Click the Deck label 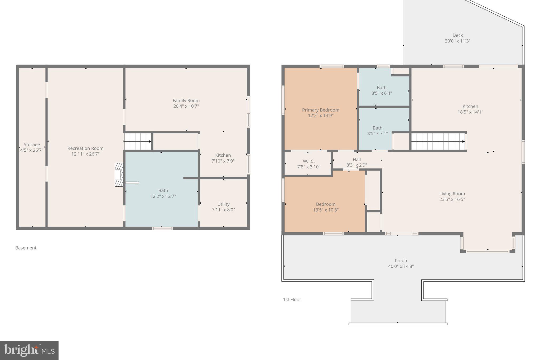[x=457, y=35]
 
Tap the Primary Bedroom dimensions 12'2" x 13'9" [x=321, y=116]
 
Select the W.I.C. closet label [x=308, y=161]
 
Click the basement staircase [x=138, y=141]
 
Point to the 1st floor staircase [x=438, y=141]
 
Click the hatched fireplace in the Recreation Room [x=119, y=175]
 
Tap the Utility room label [x=223, y=204]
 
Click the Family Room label [x=186, y=100]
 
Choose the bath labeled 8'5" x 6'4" [x=382, y=90]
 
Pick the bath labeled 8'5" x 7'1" [x=377, y=131]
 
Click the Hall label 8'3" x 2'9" [x=356, y=162]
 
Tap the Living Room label [x=452, y=194]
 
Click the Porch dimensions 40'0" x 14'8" [x=401, y=266]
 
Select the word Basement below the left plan [x=26, y=248]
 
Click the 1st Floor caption [x=292, y=300]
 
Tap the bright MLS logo [x=29, y=350]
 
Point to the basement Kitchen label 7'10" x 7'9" [x=223, y=158]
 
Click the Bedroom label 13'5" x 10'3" [x=326, y=207]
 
